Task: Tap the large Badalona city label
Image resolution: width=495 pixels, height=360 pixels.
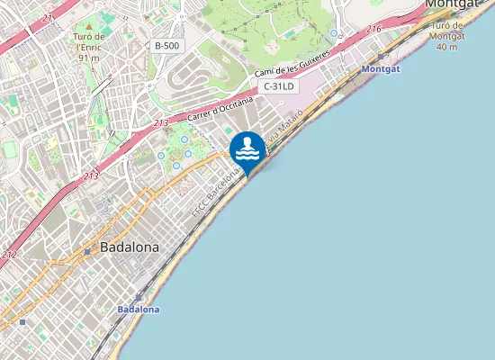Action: (x=130, y=246)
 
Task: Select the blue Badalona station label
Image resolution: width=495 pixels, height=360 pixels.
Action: (x=139, y=309)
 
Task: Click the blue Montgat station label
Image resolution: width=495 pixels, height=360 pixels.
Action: (x=380, y=68)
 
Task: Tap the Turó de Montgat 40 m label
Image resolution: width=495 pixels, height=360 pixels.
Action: (x=447, y=36)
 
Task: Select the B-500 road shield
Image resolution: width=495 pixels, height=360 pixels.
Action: (x=166, y=45)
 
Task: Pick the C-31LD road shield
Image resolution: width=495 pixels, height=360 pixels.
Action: (x=279, y=86)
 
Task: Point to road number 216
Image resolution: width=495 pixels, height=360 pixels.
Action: (x=374, y=30)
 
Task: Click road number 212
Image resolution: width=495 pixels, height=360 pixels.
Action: (x=9, y=255)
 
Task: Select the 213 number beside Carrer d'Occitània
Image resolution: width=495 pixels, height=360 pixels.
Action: (x=161, y=122)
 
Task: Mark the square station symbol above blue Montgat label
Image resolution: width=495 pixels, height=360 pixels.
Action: (x=381, y=56)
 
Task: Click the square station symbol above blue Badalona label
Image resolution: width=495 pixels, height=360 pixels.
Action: (x=139, y=296)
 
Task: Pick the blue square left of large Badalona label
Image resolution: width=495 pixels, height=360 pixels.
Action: (x=86, y=251)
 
